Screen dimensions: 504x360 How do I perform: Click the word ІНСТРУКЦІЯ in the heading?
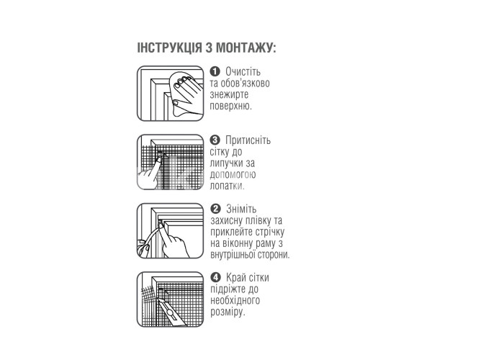[x=170, y=48]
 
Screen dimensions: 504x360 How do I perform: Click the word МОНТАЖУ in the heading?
[x=246, y=48]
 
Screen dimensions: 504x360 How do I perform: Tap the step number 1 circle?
[x=215, y=71]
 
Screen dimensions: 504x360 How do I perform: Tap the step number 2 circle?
[x=215, y=209]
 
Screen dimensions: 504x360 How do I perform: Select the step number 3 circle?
[x=215, y=140]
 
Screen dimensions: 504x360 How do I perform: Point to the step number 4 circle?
[x=215, y=277]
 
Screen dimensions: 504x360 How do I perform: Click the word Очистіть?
[x=243, y=71]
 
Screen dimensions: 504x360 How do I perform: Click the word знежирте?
[x=229, y=94]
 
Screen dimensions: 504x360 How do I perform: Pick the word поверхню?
[x=230, y=106]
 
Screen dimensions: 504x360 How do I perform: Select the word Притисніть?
[x=248, y=140]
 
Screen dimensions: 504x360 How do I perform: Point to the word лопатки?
[x=227, y=186]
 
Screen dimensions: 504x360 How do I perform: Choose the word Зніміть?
[x=241, y=209]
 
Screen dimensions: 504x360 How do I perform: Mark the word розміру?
[x=228, y=312]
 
